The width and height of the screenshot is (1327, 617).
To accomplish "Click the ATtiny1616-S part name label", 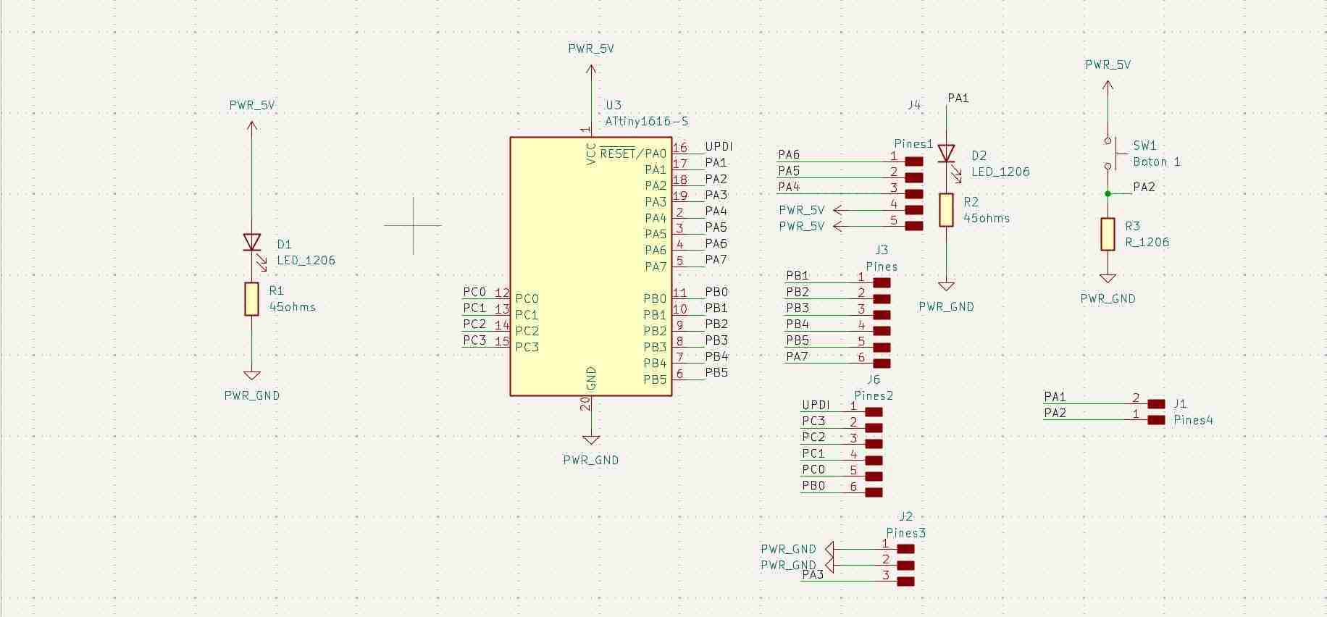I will tap(646, 122).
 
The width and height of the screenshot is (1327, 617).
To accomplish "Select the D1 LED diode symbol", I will tap(251, 242).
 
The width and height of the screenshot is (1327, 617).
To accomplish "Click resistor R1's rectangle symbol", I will tap(251, 299).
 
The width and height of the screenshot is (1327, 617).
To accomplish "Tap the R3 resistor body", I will tap(1108, 234).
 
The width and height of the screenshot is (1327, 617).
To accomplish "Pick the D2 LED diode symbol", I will tap(946, 154).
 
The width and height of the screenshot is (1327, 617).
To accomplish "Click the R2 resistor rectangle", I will tap(946, 210).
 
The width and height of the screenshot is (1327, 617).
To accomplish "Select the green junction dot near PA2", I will tap(1108, 193).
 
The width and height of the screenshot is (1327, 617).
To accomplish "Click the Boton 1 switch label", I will tap(1156, 161).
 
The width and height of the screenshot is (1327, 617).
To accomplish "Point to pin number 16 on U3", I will tap(679, 147).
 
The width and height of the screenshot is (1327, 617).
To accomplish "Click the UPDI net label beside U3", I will tap(719, 146).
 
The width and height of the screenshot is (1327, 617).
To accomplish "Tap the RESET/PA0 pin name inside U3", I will tap(632, 154).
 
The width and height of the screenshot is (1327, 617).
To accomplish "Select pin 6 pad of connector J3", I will tap(882, 364).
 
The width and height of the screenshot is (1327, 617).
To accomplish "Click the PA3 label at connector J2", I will tap(813, 574).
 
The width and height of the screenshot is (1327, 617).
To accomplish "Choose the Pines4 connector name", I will tap(1192, 420).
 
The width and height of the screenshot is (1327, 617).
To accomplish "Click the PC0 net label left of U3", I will tap(474, 292).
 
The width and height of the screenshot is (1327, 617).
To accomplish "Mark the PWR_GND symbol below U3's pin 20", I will tap(591, 440).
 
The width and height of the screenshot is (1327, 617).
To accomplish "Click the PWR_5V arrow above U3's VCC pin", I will tap(591, 71).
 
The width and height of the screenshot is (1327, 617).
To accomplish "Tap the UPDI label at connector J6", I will tap(816, 405).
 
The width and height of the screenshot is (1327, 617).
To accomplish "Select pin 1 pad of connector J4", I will tap(914, 161).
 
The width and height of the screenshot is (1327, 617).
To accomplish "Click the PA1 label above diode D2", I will tap(958, 98).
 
